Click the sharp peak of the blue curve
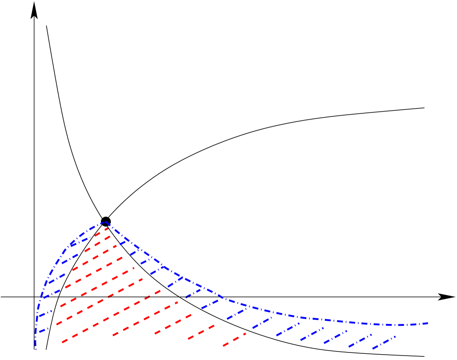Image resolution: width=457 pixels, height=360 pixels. coord(106,222)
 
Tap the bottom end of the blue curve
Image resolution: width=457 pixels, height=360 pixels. coord(36,348)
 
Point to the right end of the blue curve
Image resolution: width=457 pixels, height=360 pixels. coord(428,323)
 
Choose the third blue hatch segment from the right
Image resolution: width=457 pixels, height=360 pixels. coord(336,337)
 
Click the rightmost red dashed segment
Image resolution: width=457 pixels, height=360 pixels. coord(234,340)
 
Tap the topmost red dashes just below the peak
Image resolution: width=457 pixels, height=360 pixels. coord(102,231)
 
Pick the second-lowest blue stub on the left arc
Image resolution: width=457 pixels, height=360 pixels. coord(44,313)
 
